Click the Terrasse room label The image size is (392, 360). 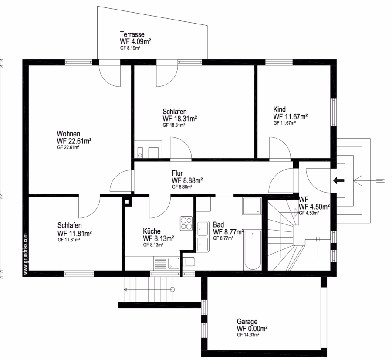point(132,34)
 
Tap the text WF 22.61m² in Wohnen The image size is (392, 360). point(74,141)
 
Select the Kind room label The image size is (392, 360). point(280,109)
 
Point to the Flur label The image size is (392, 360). point(177,173)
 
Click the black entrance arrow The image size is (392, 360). point(339,180)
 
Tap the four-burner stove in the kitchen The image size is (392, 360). point(186,224)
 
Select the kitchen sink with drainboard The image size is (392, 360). point(167,263)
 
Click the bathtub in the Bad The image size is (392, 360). point(253,250)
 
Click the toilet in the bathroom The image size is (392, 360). point(189,262)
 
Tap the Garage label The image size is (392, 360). point(247,322)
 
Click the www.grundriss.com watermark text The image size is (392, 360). point(26,254)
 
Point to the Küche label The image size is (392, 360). point(152,231)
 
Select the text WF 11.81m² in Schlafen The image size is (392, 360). point(74,234)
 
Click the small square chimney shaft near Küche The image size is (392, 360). point(127,201)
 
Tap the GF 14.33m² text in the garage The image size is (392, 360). point(248,335)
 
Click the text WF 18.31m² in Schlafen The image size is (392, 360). point(180,119)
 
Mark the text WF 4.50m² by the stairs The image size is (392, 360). point(314,207)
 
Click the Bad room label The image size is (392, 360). point(218,224)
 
